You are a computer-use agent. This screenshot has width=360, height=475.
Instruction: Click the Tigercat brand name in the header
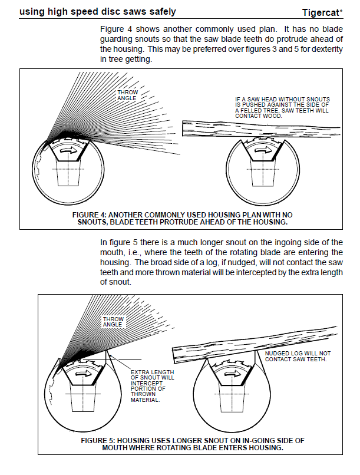click(x=322, y=13)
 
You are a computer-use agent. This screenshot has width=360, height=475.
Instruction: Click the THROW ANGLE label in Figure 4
click(x=127, y=95)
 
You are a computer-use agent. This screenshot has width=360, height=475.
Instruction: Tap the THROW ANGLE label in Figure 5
click(x=113, y=322)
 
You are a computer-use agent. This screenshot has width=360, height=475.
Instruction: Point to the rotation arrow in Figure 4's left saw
click(x=68, y=150)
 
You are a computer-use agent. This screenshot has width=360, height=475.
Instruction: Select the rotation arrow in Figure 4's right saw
click(x=264, y=150)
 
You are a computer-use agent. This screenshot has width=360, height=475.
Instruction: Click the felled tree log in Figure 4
click(x=261, y=128)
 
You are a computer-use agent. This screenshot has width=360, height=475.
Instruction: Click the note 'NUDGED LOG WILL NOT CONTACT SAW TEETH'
click(x=298, y=356)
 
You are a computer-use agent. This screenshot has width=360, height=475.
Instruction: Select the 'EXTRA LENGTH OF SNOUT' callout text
click(x=152, y=386)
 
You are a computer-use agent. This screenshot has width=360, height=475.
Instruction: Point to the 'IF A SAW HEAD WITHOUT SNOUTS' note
click(x=282, y=107)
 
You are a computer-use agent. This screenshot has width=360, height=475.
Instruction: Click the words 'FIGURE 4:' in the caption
click(x=90, y=215)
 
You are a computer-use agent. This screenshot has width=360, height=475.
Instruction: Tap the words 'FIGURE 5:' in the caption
click(x=98, y=440)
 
